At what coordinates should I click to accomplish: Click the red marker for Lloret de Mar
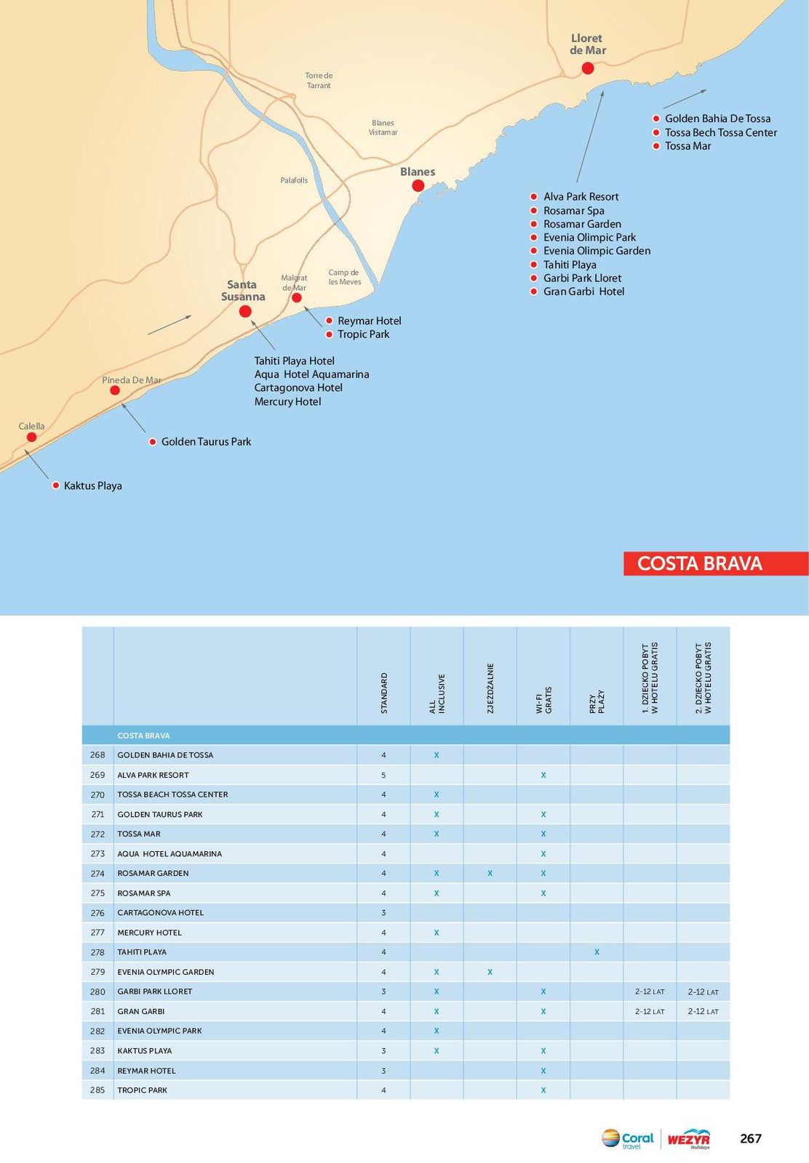click(x=588, y=68)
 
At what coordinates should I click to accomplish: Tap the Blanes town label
click(x=418, y=172)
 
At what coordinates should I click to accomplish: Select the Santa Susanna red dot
click(x=245, y=311)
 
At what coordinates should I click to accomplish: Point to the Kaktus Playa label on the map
click(x=92, y=486)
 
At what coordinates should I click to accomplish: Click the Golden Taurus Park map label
click(x=206, y=441)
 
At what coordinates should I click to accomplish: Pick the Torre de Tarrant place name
click(x=319, y=80)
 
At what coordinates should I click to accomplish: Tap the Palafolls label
click(x=294, y=180)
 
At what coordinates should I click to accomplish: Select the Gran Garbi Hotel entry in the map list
click(x=583, y=291)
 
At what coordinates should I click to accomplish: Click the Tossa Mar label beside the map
click(x=688, y=146)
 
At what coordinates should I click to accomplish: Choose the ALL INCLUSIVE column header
click(x=437, y=693)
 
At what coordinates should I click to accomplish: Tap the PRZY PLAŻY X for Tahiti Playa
click(x=597, y=951)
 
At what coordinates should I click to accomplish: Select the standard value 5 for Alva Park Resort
click(x=383, y=775)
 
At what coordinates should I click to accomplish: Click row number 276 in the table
click(x=97, y=912)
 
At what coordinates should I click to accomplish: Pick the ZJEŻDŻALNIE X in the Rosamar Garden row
click(x=490, y=873)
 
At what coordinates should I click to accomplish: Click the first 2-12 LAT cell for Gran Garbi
click(x=649, y=1011)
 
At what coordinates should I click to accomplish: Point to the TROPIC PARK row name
click(x=143, y=1090)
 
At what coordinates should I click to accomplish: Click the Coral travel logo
click(x=628, y=1138)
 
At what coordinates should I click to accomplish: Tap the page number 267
click(x=750, y=1138)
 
